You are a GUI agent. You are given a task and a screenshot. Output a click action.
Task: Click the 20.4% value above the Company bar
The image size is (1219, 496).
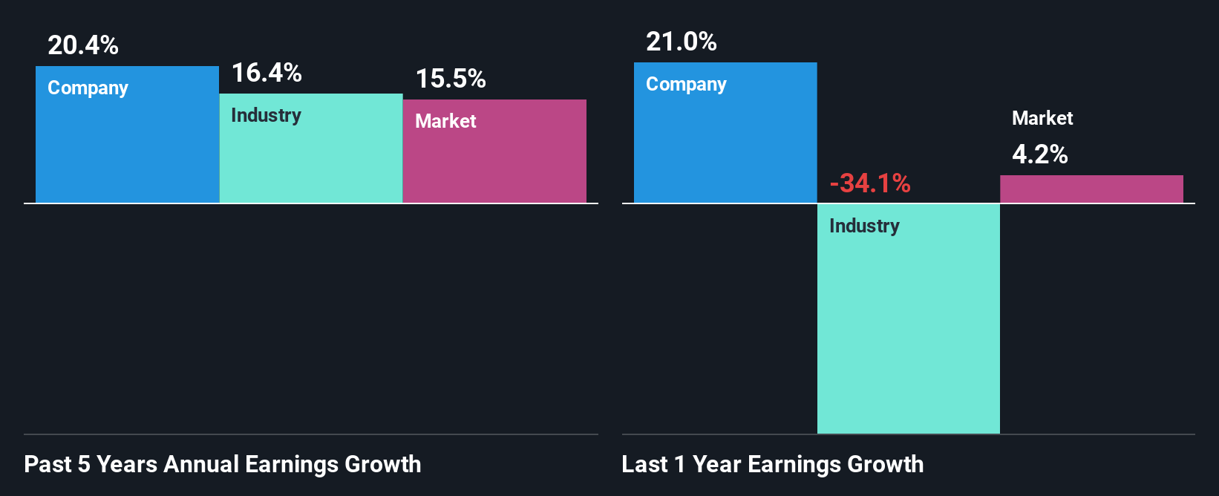(83, 45)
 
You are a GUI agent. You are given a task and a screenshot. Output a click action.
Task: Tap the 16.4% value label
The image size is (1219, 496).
(267, 73)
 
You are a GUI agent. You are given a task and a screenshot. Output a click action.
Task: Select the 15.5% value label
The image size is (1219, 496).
(451, 79)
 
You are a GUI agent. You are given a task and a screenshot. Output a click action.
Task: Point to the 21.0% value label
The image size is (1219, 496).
(682, 42)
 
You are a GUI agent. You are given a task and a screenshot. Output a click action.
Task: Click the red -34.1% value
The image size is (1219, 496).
(870, 183)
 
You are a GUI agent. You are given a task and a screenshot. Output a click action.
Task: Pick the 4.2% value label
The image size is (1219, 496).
(1040, 154)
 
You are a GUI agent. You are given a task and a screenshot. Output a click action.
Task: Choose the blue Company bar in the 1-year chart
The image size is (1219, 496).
(725, 149)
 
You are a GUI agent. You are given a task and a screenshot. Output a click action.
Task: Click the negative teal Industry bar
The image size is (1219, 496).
(909, 334)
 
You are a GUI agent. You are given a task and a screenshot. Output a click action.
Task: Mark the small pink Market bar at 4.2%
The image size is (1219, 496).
(1091, 189)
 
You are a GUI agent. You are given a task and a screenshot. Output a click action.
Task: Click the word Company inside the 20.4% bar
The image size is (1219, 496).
(88, 88)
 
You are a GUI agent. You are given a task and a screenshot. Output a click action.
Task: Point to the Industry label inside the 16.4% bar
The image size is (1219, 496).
(266, 116)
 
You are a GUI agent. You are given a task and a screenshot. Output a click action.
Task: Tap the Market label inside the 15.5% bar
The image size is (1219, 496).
(445, 121)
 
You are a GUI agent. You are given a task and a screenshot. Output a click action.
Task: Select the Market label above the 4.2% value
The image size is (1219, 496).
(1042, 118)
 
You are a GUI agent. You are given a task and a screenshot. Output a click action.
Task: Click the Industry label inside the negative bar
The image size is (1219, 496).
(864, 226)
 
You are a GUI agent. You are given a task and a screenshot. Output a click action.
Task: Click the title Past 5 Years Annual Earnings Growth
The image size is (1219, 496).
(223, 464)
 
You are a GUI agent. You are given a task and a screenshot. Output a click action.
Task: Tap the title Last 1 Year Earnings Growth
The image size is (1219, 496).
(773, 464)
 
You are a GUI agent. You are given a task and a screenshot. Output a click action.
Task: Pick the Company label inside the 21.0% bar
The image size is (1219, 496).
(686, 85)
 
